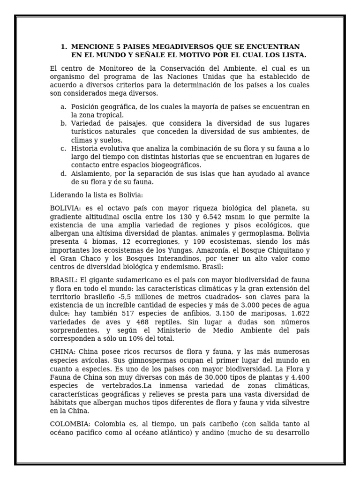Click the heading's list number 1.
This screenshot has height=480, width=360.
click(x=63, y=47)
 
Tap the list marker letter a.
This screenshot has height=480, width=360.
click(x=63, y=107)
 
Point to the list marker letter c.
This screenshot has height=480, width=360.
click(x=63, y=149)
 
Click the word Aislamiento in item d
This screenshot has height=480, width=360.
click(x=90, y=173)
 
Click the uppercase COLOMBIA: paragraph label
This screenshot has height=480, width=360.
click(x=68, y=424)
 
